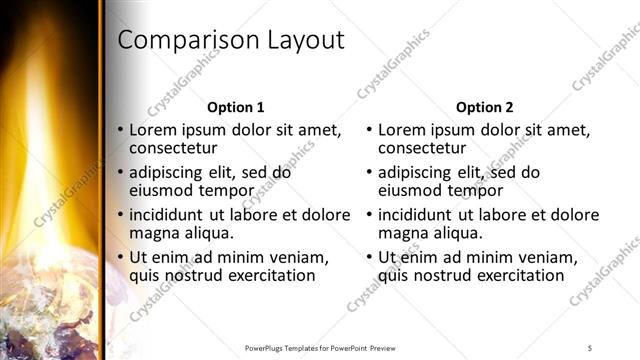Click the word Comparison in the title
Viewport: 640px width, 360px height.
[187, 41]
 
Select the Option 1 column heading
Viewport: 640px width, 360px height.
[236, 107]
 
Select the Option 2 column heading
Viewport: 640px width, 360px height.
[485, 107]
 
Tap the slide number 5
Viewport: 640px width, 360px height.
[590, 348]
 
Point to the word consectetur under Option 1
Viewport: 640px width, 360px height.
[175, 148]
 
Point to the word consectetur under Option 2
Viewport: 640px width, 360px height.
[424, 148]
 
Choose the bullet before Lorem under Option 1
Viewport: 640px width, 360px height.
[121, 130]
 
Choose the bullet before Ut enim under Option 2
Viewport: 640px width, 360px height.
[370, 257]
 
